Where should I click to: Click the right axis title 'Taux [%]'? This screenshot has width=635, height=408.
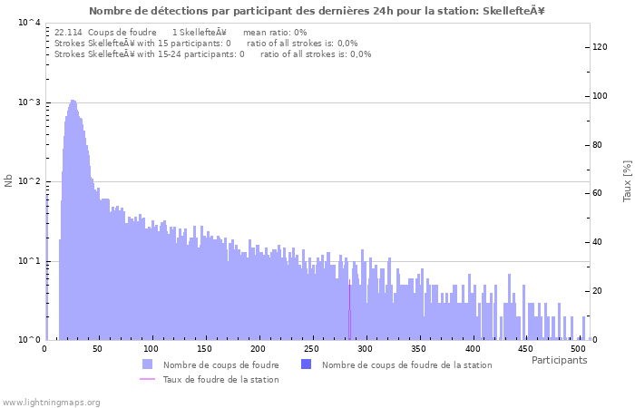coord(626,181)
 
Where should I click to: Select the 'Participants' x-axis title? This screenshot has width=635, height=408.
coord(559,360)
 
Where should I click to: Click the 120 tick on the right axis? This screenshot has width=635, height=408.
coord(600,47)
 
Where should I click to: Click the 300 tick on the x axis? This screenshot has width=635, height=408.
coord(366,348)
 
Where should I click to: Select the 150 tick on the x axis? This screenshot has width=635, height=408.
coord(205,348)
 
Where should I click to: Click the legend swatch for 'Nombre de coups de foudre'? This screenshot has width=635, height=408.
coord(148,364)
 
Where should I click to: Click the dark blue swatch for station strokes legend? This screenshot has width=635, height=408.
coord(306,364)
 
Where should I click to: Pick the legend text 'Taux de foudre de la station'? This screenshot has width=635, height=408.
coord(220,379)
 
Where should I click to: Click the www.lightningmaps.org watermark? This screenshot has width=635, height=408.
coord(52,402)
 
